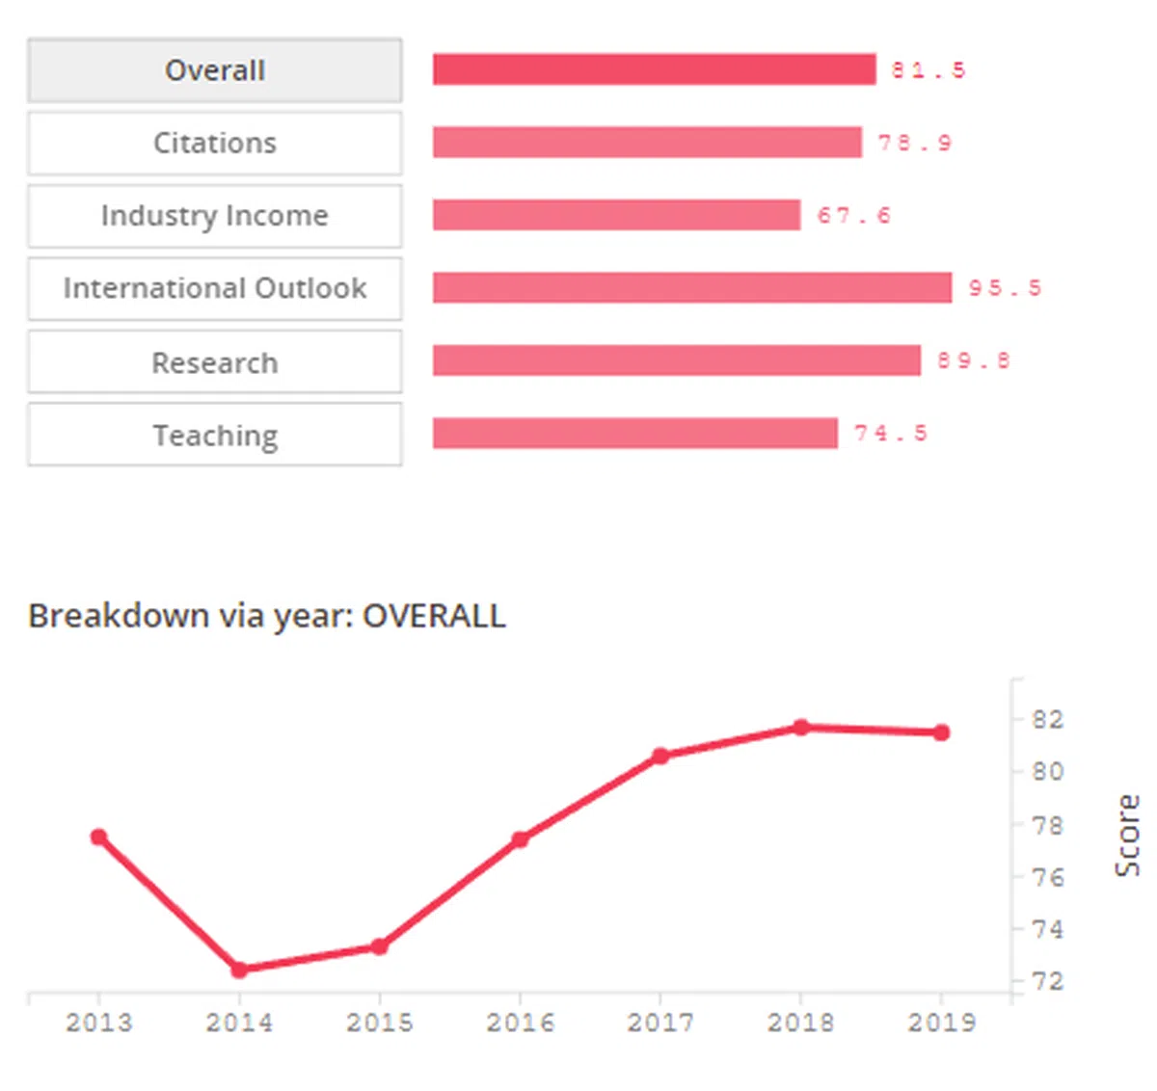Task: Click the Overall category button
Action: pyautogui.click(x=214, y=70)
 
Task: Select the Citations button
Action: pyautogui.click(x=214, y=143)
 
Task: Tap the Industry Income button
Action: pyautogui.click(x=214, y=216)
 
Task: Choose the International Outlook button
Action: pyautogui.click(x=214, y=288)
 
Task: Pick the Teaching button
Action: pyautogui.click(x=214, y=436)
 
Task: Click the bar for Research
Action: pyautogui.click(x=676, y=360)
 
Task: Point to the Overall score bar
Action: pyautogui.click(x=654, y=69)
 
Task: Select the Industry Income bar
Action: pyautogui.click(x=616, y=215)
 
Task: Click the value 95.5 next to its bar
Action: pyautogui.click(x=1005, y=288)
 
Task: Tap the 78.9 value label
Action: pyautogui.click(x=914, y=143)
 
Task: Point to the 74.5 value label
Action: pyautogui.click(x=890, y=434)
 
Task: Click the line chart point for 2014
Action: pyautogui.click(x=239, y=970)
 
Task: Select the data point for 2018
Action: pyautogui.click(x=800, y=728)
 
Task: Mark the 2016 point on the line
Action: pyautogui.click(x=520, y=839)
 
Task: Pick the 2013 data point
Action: pyautogui.click(x=98, y=838)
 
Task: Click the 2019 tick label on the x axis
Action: pyautogui.click(x=941, y=1023)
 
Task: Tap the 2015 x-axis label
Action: pyautogui.click(x=379, y=1023)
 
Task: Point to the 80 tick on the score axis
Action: pyautogui.click(x=1047, y=771)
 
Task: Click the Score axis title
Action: pyautogui.click(x=1127, y=836)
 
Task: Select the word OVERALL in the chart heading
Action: pyautogui.click(x=434, y=616)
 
